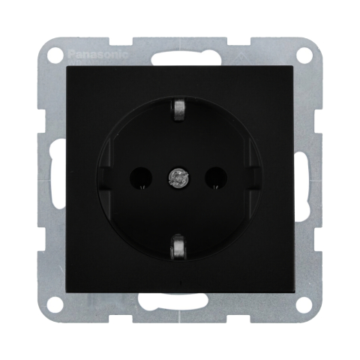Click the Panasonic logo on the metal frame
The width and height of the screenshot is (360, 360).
coord(98,54)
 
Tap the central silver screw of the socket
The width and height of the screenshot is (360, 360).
coord(179,178)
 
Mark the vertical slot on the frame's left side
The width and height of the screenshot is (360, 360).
coord(54,179)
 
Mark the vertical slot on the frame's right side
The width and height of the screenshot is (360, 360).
coord(306,179)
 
